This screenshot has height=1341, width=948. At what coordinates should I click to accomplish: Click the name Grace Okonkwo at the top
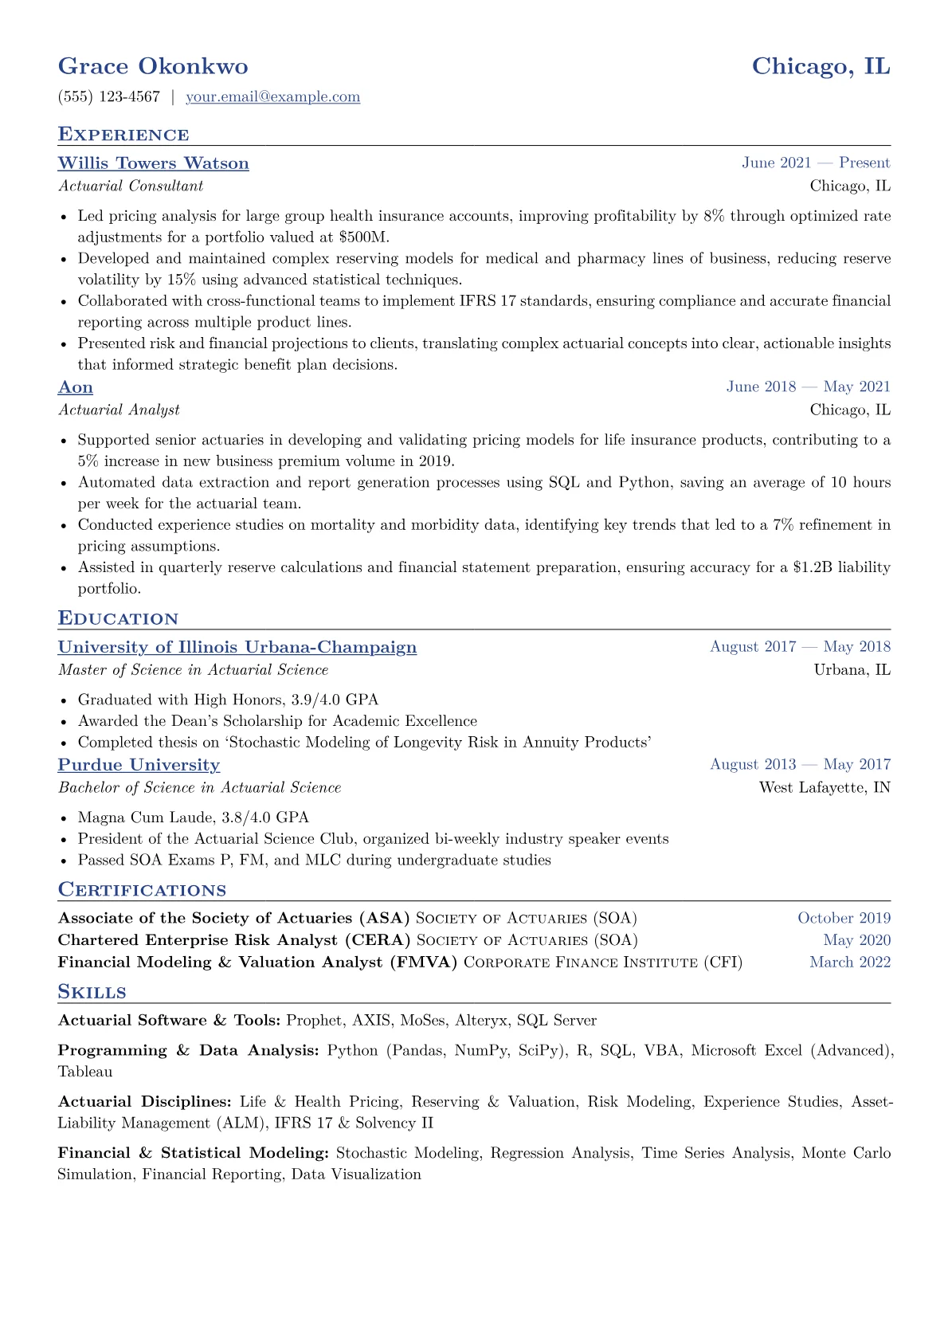[153, 66]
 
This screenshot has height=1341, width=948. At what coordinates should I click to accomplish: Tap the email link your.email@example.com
[272, 97]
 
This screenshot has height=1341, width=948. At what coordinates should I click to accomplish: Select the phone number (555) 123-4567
[109, 97]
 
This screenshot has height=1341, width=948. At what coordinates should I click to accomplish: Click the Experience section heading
[123, 135]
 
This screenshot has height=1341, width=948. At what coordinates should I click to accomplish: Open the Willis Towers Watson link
[153, 163]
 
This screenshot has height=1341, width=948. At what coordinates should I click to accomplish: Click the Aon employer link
[76, 387]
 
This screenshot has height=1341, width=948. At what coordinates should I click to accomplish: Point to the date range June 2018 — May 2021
[808, 387]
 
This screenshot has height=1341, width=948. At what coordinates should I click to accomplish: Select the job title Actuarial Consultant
[131, 186]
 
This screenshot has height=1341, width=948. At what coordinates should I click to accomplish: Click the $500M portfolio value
[362, 237]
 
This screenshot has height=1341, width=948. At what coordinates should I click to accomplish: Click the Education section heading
[118, 619]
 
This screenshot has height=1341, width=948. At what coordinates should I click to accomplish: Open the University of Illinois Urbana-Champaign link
[237, 647]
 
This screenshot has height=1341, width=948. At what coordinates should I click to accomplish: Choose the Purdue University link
[139, 765]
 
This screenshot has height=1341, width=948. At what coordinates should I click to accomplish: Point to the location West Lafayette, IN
[825, 788]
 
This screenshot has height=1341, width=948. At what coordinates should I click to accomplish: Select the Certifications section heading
[142, 890]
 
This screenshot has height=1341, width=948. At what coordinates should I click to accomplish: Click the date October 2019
[844, 918]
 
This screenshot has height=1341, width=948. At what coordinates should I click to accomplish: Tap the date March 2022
[849, 963]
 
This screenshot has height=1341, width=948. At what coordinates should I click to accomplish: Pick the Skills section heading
[92, 992]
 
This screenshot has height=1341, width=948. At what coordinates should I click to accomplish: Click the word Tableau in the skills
[85, 1072]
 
